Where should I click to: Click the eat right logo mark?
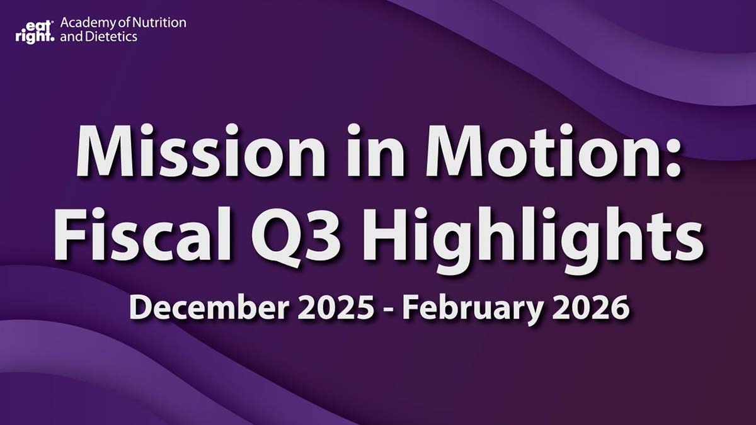point(35,30)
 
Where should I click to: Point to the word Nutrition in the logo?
point(162,23)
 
